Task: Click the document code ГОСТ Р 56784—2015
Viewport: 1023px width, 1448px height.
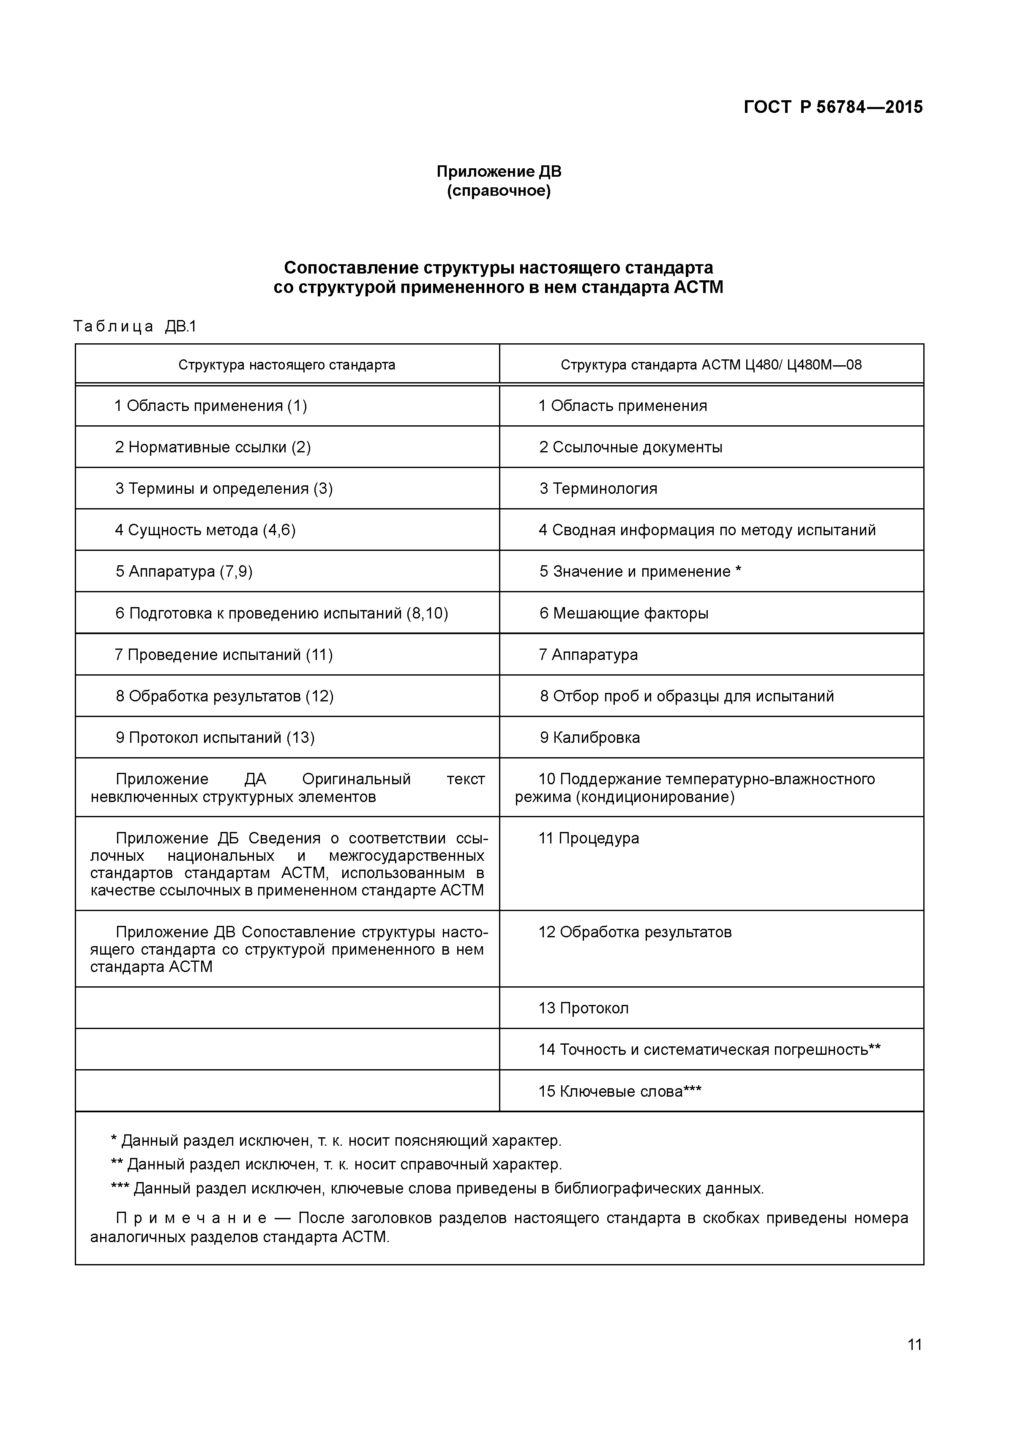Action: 833,107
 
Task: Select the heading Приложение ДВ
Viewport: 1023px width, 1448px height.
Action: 499,172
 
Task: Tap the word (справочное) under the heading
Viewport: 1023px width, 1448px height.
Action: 499,191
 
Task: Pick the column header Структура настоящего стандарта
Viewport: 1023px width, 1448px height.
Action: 287,364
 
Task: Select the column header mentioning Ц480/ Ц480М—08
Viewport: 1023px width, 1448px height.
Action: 711,364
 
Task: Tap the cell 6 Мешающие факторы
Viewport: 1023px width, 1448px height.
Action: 623,613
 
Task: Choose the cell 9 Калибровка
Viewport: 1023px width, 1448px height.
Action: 589,737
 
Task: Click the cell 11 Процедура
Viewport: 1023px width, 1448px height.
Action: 589,838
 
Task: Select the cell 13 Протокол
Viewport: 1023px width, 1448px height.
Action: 584,1008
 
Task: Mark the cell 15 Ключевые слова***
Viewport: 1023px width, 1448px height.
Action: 619,1091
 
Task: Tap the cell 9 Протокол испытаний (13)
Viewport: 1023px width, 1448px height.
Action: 215,737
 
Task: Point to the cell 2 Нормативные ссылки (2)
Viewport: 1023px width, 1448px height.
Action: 213,447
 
